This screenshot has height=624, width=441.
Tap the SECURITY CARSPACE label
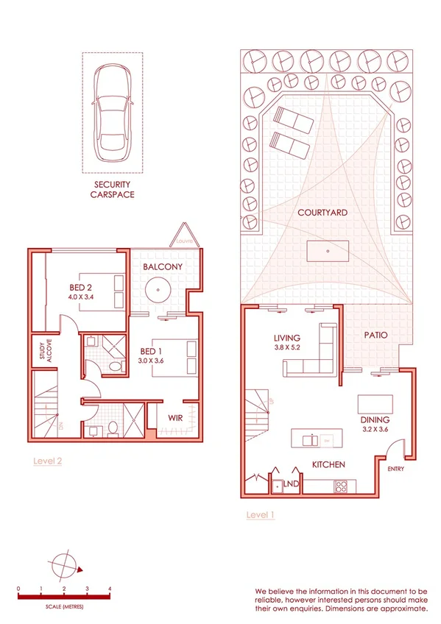(x=111, y=190)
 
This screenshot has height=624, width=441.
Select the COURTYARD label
(x=322, y=213)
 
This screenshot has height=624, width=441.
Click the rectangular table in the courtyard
(x=327, y=251)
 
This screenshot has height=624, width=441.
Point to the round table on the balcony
(x=158, y=291)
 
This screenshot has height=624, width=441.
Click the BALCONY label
(x=163, y=266)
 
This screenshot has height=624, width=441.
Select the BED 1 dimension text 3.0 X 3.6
(x=154, y=361)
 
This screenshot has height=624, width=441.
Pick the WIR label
(x=174, y=418)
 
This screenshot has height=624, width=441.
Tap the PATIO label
(x=375, y=336)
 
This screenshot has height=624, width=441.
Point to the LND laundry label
(x=291, y=485)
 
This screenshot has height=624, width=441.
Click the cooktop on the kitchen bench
(x=342, y=486)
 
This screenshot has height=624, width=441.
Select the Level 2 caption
(x=48, y=461)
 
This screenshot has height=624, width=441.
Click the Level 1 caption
(x=260, y=514)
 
